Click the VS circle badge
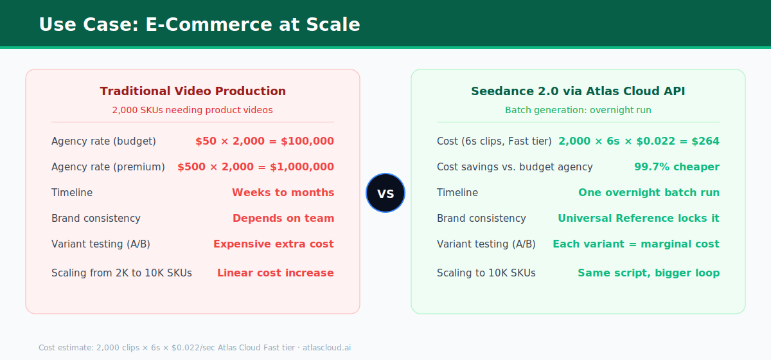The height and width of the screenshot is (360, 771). (x=385, y=193)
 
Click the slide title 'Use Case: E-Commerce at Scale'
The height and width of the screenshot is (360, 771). (x=200, y=24)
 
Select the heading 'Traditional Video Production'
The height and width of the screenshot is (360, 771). (x=193, y=91)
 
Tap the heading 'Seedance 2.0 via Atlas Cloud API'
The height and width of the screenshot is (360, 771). (x=578, y=91)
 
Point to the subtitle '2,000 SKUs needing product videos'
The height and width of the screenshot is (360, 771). (x=192, y=110)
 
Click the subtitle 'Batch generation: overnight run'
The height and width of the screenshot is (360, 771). (x=578, y=110)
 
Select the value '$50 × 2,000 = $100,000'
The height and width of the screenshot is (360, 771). (x=265, y=141)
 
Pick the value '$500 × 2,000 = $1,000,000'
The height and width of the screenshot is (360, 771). (x=256, y=167)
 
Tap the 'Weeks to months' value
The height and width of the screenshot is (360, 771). (x=283, y=193)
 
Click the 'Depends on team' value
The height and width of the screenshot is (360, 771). (x=283, y=219)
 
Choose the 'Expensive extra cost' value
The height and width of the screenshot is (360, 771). (x=274, y=244)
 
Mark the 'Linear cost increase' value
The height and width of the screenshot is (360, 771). (x=276, y=273)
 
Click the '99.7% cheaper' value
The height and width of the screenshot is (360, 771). (x=677, y=167)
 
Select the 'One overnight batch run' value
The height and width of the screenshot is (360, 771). (x=649, y=193)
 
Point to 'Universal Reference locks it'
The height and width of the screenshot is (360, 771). (x=639, y=219)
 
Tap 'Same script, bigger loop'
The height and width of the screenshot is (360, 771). (x=648, y=273)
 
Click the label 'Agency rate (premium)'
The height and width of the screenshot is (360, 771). (x=108, y=167)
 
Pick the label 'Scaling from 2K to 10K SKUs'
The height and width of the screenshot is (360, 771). (x=121, y=273)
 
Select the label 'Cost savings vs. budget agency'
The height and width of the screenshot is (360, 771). (x=515, y=167)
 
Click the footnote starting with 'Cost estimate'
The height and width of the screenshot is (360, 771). (x=195, y=348)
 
